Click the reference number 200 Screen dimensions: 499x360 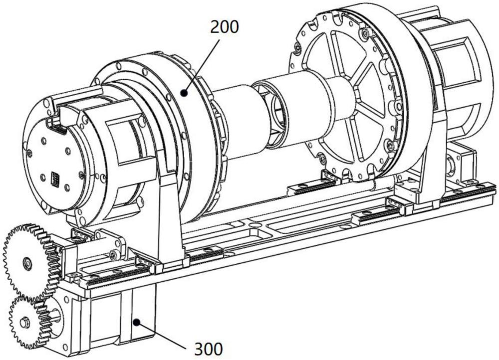click(224, 27)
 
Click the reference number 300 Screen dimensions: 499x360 click(209, 349)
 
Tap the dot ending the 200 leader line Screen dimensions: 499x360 click(184, 93)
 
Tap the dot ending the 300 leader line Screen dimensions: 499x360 click(137, 323)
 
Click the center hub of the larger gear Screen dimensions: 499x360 click(27, 263)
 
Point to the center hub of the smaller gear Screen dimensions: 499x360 click(24, 324)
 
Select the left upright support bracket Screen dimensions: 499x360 click(169, 219)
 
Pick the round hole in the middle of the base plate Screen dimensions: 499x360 click(255, 225)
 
